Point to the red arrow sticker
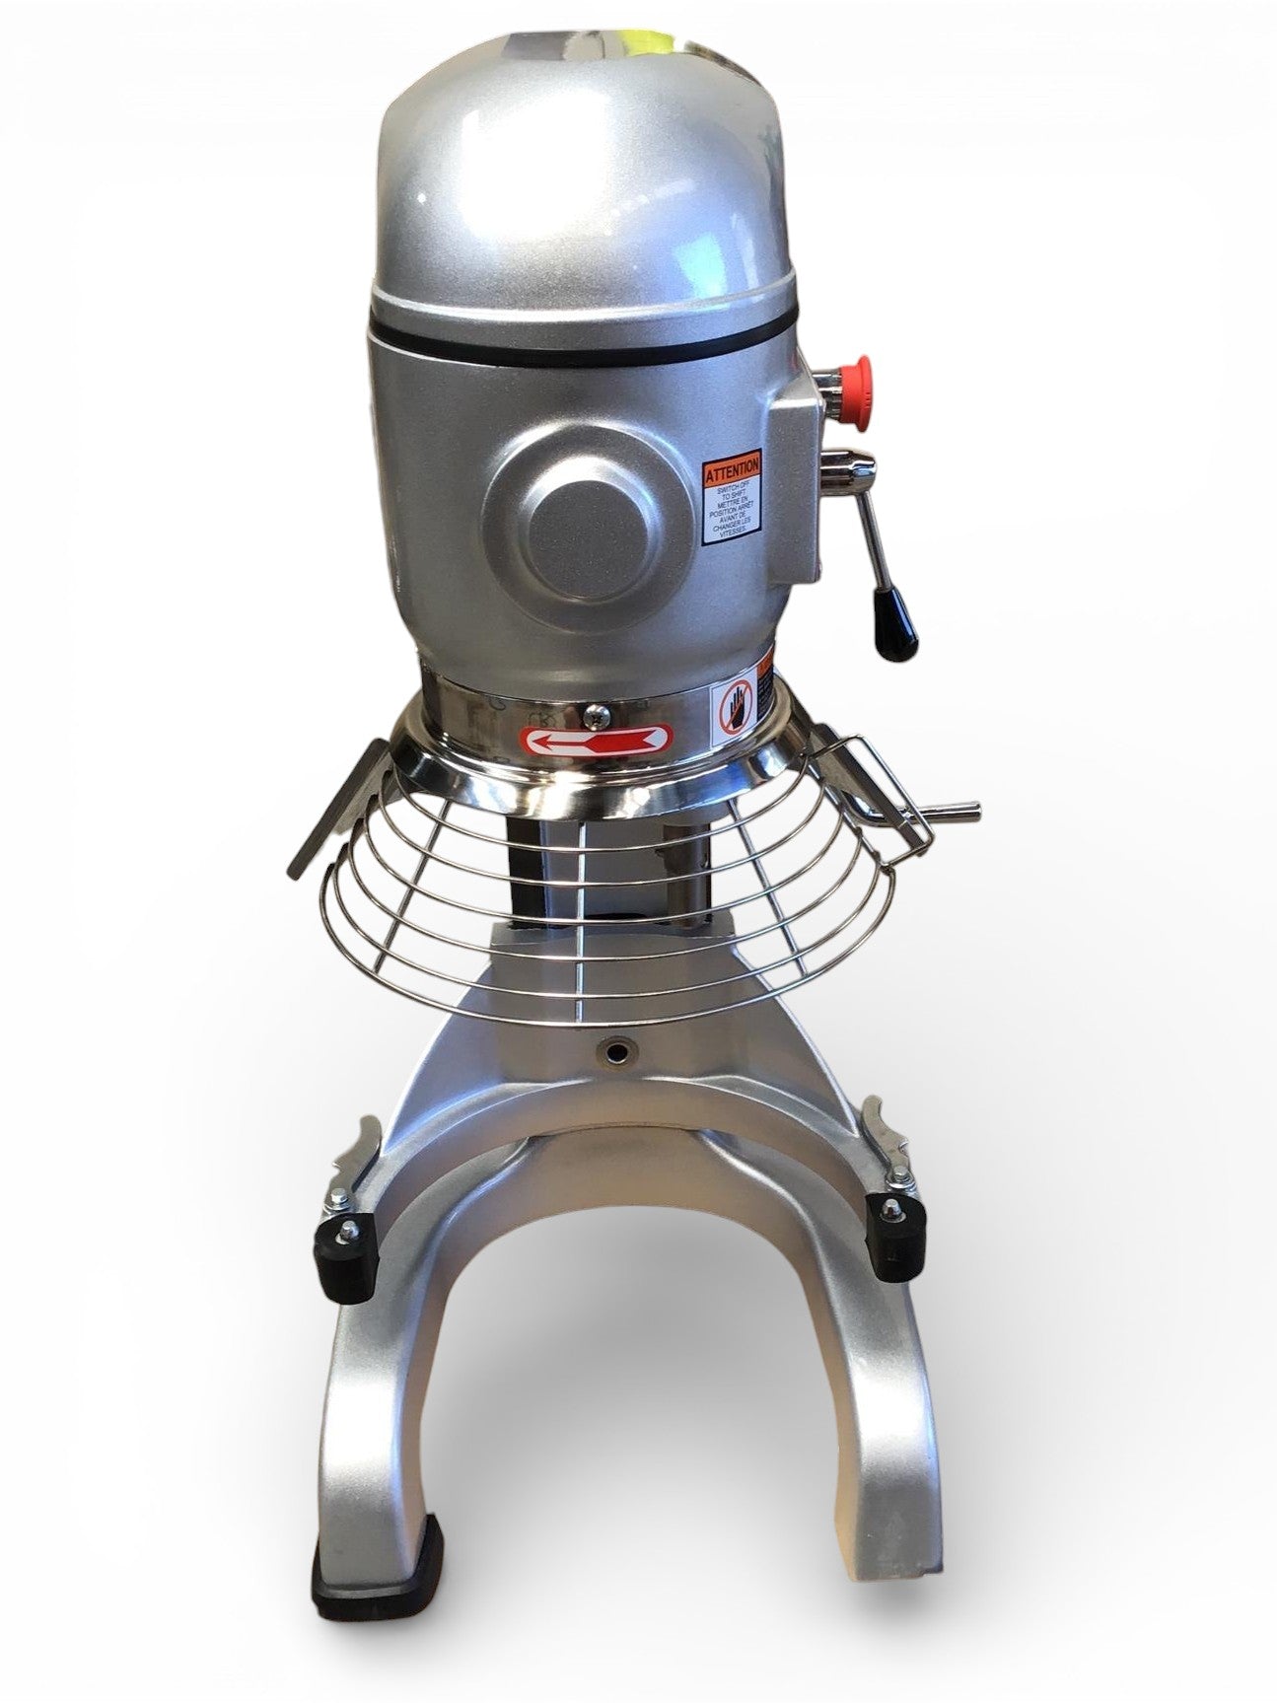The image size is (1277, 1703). point(601,739)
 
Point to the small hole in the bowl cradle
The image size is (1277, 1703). point(618,1052)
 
